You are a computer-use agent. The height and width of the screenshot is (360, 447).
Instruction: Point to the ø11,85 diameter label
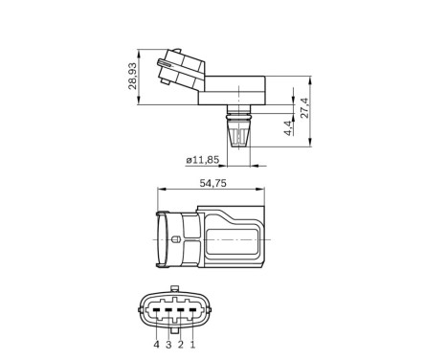202,161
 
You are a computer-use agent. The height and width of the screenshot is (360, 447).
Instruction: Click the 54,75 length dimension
212,181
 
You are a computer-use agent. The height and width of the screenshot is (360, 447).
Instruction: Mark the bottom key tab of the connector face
174,329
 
